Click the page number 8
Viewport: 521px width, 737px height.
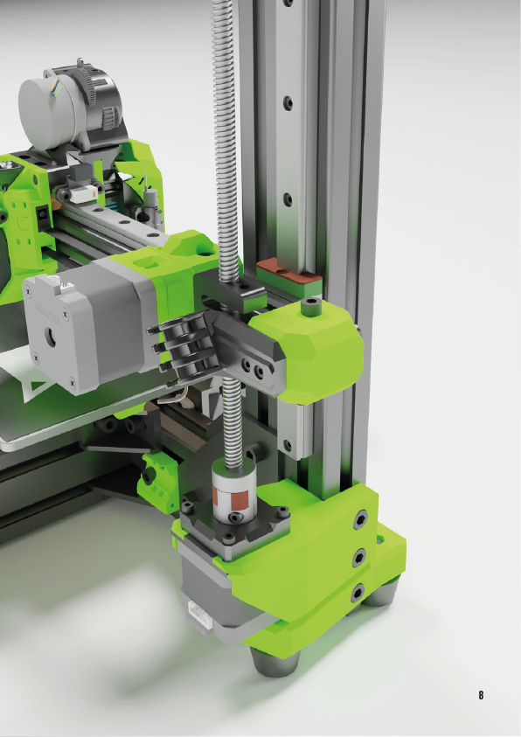click(x=481, y=695)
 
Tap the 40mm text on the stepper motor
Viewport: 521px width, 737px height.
click(x=47, y=313)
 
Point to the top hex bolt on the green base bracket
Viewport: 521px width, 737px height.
click(x=360, y=520)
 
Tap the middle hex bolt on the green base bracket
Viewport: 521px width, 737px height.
click(x=360, y=558)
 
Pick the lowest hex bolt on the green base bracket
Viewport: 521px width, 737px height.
click(x=358, y=593)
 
